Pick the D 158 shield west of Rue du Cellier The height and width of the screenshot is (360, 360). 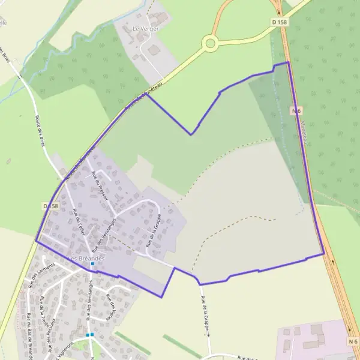51,206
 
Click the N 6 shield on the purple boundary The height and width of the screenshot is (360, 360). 296,110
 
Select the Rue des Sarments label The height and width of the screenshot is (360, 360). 41,274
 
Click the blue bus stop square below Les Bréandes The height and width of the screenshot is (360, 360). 92,264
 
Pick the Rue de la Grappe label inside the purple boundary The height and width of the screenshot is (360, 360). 154,230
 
